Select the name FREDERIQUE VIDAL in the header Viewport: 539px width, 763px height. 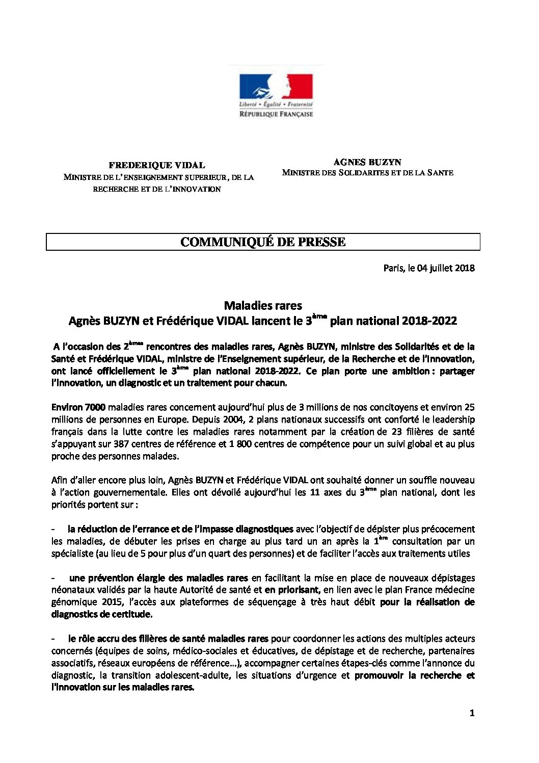pos(157,165)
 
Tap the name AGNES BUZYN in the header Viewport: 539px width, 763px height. pos(367,162)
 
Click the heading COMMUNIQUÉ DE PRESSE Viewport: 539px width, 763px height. pos(263,242)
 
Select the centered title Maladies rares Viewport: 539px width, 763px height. pos(263,306)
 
